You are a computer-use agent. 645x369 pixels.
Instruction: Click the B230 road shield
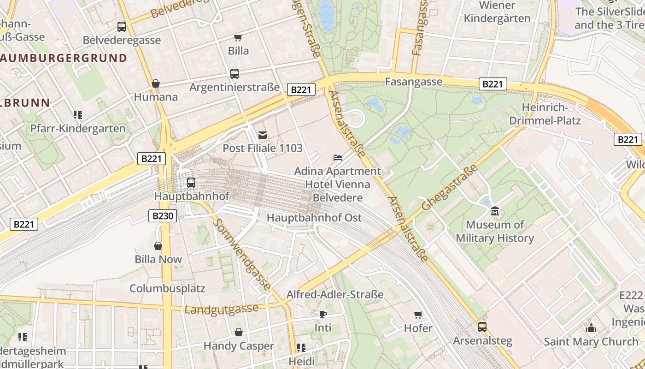pyautogui.click(x=163, y=216)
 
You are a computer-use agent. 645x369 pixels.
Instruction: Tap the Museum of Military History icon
pyautogui.click(x=495, y=211)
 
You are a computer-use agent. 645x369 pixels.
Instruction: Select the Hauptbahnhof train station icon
pyautogui.click(x=191, y=183)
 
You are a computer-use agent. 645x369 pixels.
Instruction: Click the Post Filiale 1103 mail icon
pyautogui.click(x=263, y=135)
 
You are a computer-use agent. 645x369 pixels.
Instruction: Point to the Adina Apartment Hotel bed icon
pyautogui.click(x=338, y=158)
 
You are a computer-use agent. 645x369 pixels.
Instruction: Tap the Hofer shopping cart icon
pyautogui.click(x=418, y=315)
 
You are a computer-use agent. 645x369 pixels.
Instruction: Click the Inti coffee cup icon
pyautogui.click(x=323, y=314)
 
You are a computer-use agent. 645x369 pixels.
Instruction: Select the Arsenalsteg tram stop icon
pyautogui.click(x=482, y=327)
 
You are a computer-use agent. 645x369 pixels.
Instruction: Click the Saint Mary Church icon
pyautogui.click(x=591, y=328)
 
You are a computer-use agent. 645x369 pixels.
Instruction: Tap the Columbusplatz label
pyautogui.click(x=167, y=289)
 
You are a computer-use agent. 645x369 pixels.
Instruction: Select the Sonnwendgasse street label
pyautogui.click(x=242, y=255)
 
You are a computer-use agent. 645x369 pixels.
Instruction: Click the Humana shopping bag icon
pyautogui.click(x=156, y=83)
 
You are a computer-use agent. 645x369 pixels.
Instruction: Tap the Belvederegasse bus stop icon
pyautogui.click(x=122, y=27)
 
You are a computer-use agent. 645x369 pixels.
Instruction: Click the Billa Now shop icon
pyautogui.click(x=158, y=246)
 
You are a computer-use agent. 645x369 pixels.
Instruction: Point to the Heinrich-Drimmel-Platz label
pyautogui.click(x=551, y=114)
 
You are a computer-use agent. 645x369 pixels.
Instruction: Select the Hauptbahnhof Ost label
pyautogui.click(x=314, y=218)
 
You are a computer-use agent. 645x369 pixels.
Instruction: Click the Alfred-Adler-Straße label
pyautogui.click(x=335, y=294)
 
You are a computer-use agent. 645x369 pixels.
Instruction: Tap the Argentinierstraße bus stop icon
pyautogui.click(x=234, y=73)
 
